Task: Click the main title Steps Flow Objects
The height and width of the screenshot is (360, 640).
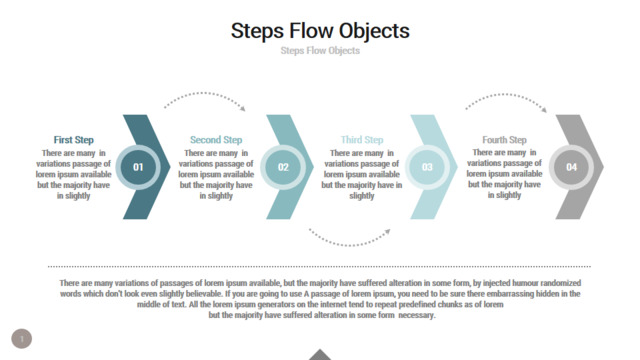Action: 320,31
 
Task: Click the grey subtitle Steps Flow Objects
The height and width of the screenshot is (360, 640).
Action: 320,51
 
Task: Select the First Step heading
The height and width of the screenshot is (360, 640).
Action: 73,140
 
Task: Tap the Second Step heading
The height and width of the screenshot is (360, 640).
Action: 216,140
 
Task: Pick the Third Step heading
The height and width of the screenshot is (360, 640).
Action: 362,140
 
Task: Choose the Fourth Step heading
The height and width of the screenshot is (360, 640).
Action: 504,140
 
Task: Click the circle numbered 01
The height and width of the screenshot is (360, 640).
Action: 138,167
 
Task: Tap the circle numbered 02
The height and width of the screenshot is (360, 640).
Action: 283,167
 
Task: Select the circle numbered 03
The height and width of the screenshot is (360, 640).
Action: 427,167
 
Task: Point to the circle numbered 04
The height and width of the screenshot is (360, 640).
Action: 571,167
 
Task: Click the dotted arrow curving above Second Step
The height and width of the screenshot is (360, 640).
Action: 203,93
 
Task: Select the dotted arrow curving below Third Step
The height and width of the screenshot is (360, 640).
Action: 348,245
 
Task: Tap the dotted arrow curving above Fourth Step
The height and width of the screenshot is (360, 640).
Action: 505,94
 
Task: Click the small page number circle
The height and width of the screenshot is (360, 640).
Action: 22,338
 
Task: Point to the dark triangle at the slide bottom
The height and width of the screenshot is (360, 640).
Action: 320,355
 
